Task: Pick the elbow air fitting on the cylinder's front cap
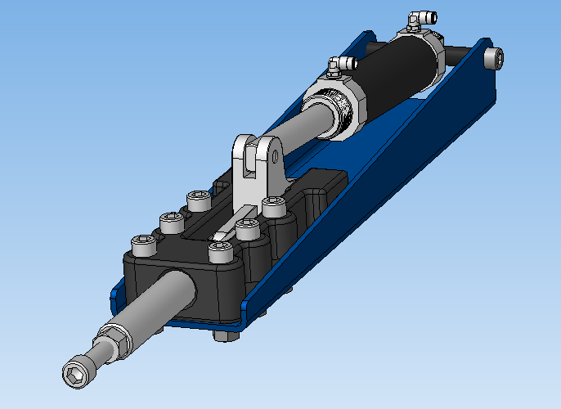pyautogui.click(x=338, y=65)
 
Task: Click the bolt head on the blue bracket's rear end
pyautogui.click(x=493, y=57)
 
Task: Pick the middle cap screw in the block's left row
pyautogui.click(x=170, y=221)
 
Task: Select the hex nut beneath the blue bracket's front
pyautogui.click(x=223, y=335)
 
